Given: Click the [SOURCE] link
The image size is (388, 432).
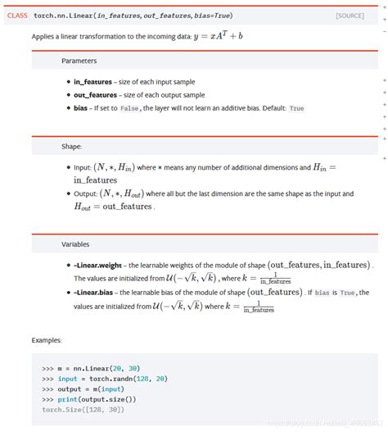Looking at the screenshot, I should pyautogui.click(x=350, y=16).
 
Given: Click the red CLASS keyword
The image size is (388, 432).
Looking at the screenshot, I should pyautogui.click(x=17, y=16).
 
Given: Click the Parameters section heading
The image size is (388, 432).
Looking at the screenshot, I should pyautogui.click(x=79, y=61).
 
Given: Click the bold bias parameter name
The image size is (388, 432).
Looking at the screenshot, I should pyautogui.click(x=81, y=108).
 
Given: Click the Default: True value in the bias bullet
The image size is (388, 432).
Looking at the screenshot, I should pyautogui.click(x=296, y=108).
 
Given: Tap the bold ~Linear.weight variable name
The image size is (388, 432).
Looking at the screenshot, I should pyautogui.click(x=99, y=265).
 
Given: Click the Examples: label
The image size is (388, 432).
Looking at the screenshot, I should pyautogui.click(x=48, y=339).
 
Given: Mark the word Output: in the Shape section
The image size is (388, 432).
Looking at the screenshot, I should pyautogui.click(x=87, y=193).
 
